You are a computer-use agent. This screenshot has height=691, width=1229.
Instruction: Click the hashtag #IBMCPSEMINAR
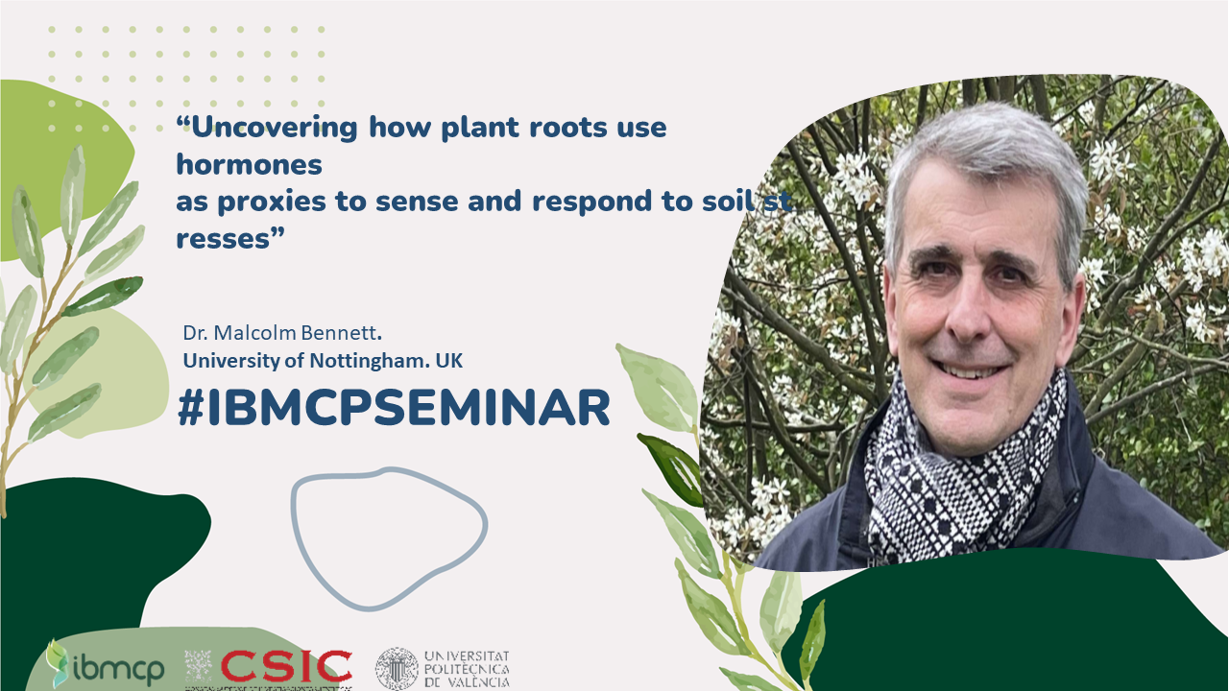click(394, 408)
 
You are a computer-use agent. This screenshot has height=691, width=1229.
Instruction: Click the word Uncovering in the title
click(274, 128)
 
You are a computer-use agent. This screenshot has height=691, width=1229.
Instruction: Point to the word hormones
click(249, 164)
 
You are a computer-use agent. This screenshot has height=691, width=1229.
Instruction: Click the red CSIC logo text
click(286, 665)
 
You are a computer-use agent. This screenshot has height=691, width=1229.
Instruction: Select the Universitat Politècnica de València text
click(467, 669)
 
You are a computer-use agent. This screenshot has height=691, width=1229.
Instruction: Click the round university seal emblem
click(397, 669)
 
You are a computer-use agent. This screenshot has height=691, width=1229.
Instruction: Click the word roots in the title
click(568, 128)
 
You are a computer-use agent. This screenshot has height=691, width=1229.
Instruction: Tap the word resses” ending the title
click(230, 238)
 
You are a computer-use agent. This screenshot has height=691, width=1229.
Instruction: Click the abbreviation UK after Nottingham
click(449, 361)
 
